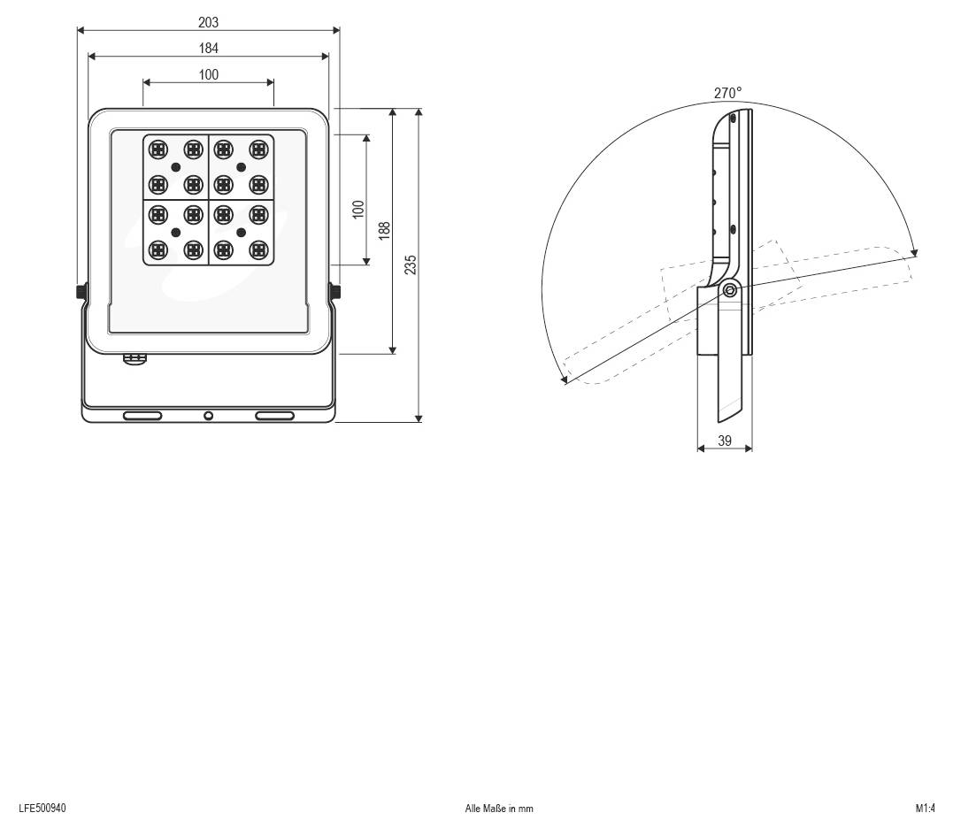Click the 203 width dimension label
click(209, 22)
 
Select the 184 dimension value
click(209, 48)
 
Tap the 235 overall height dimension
click(411, 264)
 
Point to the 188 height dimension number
click(384, 231)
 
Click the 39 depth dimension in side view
click(725, 441)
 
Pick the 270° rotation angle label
click(727, 93)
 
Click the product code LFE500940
click(42, 808)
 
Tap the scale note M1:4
click(925, 808)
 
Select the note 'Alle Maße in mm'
click(499, 809)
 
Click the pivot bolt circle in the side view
click(730, 290)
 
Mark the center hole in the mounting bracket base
click(209, 416)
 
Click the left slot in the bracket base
click(142, 416)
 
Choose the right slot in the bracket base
click(274, 416)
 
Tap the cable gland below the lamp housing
click(134, 358)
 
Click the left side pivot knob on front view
click(81, 292)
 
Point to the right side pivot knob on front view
click(336, 292)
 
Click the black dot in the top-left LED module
click(176, 166)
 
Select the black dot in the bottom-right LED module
click(242, 232)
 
